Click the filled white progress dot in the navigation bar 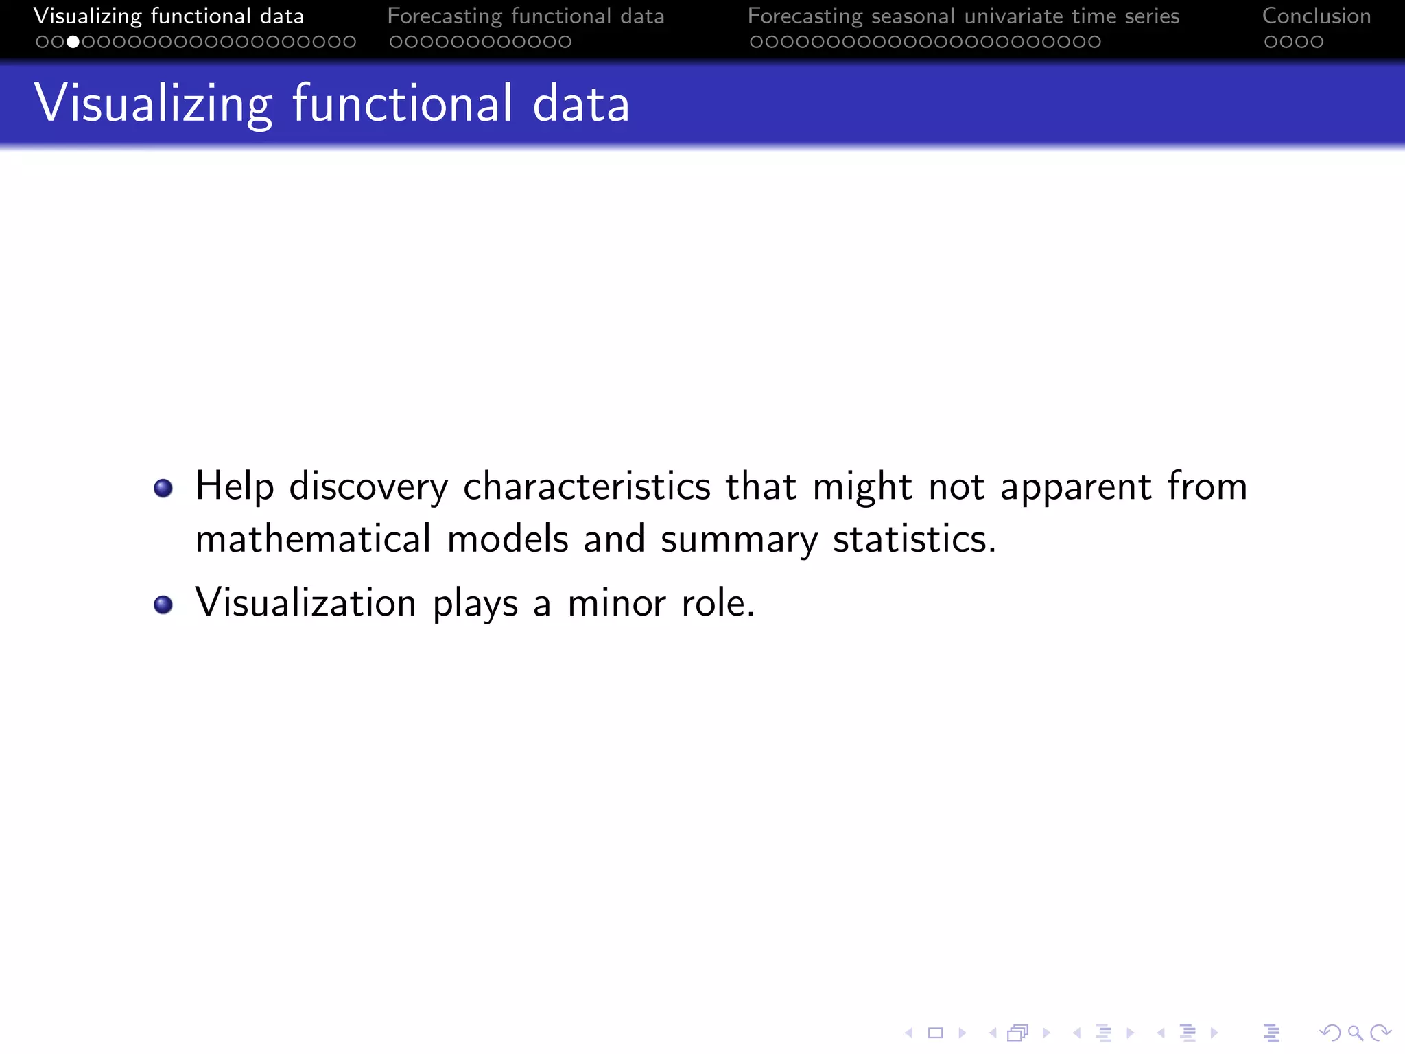[73, 42]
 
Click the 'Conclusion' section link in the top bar [1316, 16]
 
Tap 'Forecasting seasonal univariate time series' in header [963, 16]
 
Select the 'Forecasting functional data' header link [526, 16]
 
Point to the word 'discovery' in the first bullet [368, 488]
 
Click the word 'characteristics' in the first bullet [587, 487]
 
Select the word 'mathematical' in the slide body [314, 539]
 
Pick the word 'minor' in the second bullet [617, 603]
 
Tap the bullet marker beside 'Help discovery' [163, 488]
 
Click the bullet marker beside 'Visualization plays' [163, 605]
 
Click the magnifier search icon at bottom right [1355, 1033]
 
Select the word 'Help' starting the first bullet [235, 488]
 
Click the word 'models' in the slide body [508, 539]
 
